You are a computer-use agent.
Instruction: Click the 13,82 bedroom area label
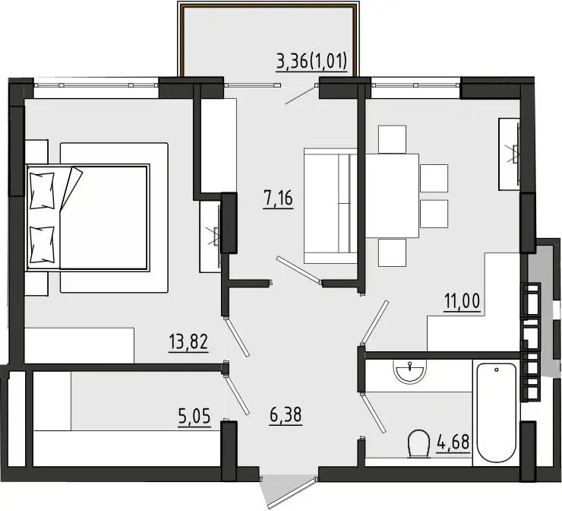point(188,342)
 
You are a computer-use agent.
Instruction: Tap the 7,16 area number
point(278,198)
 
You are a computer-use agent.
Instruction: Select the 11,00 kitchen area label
point(462,301)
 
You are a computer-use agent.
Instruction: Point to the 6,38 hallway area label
point(286,415)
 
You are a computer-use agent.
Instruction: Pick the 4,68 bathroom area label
point(453,443)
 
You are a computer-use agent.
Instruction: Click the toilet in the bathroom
point(418,443)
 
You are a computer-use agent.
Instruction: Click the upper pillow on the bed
point(43,191)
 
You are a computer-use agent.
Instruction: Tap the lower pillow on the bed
point(43,245)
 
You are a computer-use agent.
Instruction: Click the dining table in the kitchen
point(392,195)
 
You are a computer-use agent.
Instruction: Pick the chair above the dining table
point(392,140)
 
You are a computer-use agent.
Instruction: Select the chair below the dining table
point(392,252)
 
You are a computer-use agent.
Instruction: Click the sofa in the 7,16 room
point(330,206)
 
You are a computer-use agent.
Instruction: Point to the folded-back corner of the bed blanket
point(71,189)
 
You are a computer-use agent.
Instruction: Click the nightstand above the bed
point(36,152)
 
